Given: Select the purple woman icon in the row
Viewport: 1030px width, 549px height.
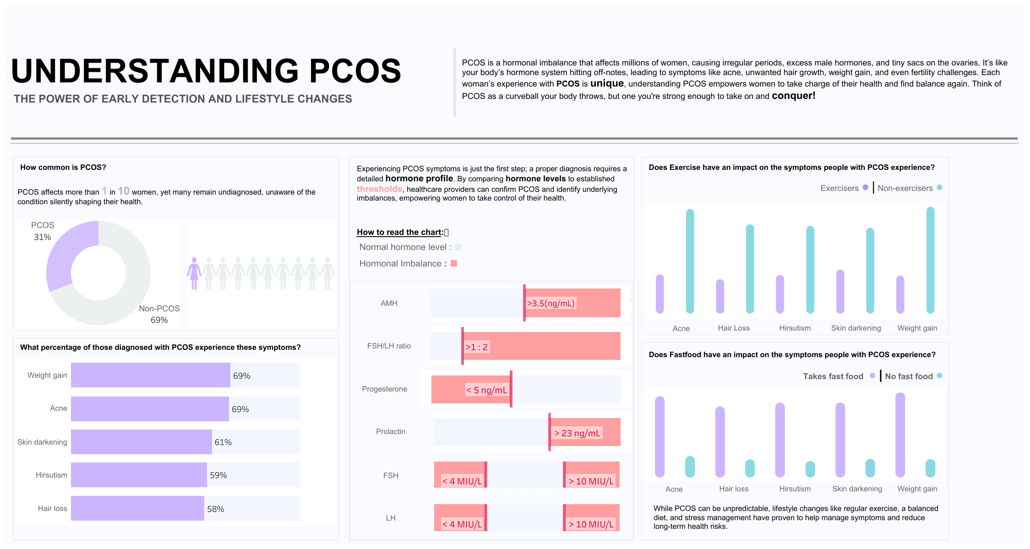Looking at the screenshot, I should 194,272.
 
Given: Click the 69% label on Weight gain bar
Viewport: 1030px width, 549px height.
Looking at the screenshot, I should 241,376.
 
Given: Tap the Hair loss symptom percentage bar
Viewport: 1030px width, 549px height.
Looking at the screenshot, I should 137,508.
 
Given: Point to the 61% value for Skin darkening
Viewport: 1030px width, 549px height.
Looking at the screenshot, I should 223,442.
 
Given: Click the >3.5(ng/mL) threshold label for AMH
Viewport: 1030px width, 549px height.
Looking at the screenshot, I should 550,303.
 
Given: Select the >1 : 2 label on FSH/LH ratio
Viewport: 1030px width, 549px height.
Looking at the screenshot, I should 476,347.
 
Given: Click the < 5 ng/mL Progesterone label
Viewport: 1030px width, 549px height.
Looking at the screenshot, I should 486,390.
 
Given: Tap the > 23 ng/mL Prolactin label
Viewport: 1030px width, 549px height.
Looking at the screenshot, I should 577,433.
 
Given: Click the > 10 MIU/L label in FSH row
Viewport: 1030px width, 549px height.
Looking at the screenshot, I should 591,481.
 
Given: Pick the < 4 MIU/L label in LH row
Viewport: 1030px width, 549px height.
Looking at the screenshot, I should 462,524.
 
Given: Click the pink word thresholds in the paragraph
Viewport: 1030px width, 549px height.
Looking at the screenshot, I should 379,189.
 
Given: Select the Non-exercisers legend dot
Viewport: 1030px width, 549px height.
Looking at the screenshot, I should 939,187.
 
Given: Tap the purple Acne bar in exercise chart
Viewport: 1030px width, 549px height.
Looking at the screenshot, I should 659,294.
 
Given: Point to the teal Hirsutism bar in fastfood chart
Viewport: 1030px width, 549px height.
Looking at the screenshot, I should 810,469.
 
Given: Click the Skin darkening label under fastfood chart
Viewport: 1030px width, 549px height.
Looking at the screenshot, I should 857,489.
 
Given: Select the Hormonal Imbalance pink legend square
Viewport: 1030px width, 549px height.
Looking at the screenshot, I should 454,263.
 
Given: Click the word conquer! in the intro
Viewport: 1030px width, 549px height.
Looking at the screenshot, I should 793,96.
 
